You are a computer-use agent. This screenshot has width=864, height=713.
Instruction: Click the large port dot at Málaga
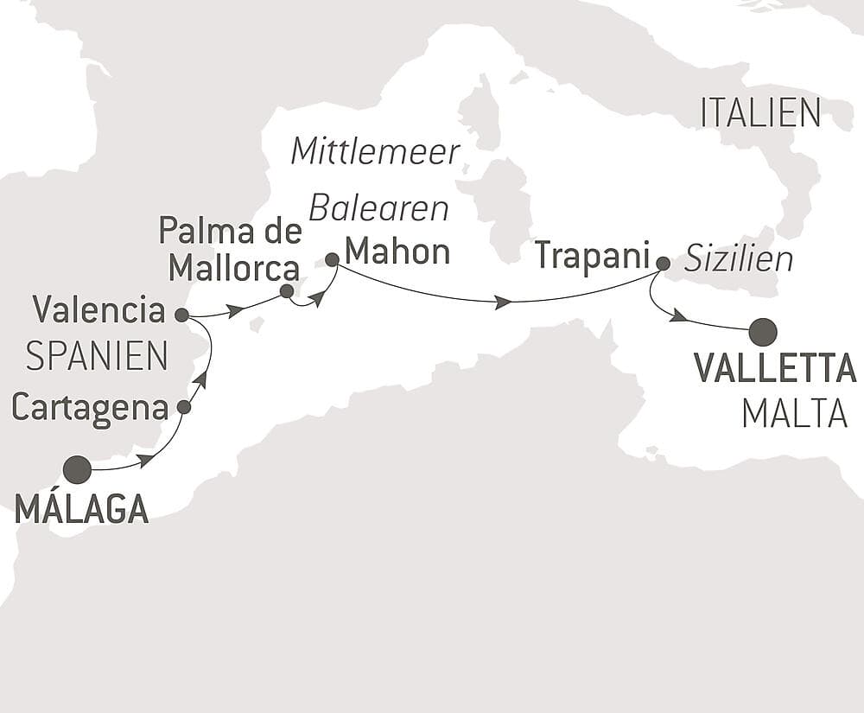[x=77, y=469]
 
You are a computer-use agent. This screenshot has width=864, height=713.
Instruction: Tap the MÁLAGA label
[x=81, y=510]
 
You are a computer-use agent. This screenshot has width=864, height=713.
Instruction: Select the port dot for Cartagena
[x=183, y=406]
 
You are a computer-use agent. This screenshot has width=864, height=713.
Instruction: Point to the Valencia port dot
[x=181, y=315]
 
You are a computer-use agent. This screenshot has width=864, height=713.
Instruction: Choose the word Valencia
[x=99, y=309]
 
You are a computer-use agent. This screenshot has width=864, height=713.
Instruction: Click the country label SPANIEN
[x=96, y=356]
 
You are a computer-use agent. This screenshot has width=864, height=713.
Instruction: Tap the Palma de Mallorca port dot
[x=287, y=291]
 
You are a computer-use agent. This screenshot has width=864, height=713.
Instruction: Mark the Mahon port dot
[x=332, y=258]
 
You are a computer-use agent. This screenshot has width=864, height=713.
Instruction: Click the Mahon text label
[x=397, y=252]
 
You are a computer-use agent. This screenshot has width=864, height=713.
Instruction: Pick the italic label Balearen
[x=379, y=209]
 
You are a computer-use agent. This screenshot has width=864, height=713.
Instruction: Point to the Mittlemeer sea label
[x=375, y=151]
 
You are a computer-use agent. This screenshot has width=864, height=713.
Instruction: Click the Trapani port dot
[x=663, y=263]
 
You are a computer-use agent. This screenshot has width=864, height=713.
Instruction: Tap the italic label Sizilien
[x=739, y=258]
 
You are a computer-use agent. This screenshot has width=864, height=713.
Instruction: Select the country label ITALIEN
[x=760, y=113]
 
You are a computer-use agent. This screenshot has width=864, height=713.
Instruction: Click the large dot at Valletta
[x=762, y=331]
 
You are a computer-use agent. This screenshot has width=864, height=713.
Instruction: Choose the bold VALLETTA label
[x=775, y=370]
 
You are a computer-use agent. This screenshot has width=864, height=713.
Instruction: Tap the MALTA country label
[x=794, y=414]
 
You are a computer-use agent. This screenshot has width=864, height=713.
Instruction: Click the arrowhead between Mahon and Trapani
[x=501, y=302]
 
